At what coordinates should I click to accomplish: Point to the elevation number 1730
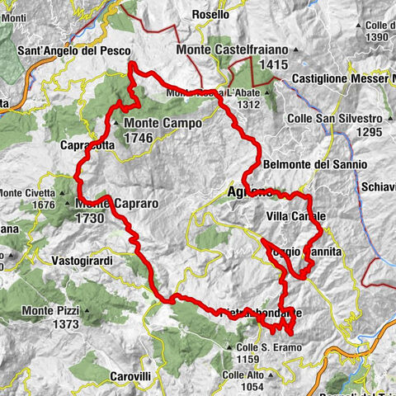pos(89,218)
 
